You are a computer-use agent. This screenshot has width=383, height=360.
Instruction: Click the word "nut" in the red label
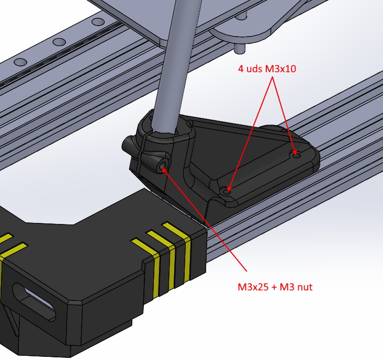click(305, 287)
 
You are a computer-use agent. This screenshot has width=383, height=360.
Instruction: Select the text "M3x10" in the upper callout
click(280, 69)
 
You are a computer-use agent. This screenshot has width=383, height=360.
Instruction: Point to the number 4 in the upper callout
click(241, 69)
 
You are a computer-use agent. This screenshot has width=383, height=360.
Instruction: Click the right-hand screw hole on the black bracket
click(295, 154)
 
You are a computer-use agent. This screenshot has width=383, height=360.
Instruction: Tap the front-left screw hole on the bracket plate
click(227, 190)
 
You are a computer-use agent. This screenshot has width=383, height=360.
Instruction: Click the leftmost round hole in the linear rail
click(20, 62)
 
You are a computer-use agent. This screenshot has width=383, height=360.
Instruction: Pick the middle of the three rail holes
click(59, 42)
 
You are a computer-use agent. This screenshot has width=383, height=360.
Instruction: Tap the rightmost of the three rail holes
click(98, 22)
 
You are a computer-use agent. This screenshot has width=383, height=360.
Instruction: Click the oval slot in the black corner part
click(34, 301)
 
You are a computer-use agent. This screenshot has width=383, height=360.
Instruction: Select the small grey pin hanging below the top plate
click(240, 48)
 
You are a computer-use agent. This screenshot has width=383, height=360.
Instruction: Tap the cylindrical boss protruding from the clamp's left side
click(129, 145)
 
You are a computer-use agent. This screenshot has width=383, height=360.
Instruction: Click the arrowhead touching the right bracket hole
click(294, 152)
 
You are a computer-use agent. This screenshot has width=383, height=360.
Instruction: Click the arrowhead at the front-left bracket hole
click(229, 188)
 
